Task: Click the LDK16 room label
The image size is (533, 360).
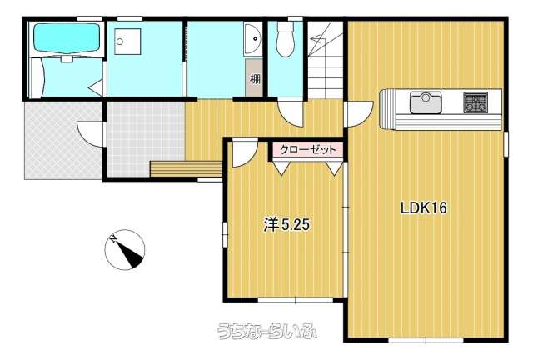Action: click(x=424, y=207)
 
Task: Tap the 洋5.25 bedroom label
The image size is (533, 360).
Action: click(x=286, y=224)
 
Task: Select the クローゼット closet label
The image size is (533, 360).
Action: click(x=307, y=149)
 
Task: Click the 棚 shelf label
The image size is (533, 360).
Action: click(x=255, y=79)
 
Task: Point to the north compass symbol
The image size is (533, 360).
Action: click(x=125, y=250)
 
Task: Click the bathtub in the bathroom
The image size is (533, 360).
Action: click(x=67, y=37)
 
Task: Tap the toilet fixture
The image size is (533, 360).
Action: click(x=285, y=38)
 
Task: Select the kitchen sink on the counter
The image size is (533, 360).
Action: click(x=426, y=102)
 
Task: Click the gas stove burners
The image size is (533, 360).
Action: click(x=476, y=102)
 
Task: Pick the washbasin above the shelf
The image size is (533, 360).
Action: click(x=252, y=38)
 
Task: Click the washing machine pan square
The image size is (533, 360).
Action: click(x=127, y=42)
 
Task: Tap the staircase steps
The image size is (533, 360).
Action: click(x=326, y=60)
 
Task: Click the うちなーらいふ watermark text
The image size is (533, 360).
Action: click(x=266, y=330)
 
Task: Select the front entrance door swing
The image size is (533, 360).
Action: click(x=90, y=134)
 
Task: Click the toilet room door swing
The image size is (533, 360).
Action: click(x=290, y=113)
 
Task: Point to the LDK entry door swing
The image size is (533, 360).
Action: click(x=359, y=114)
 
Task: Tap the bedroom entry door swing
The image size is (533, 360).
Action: click(x=245, y=154)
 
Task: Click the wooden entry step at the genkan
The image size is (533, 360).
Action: click(x=186, y=169)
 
